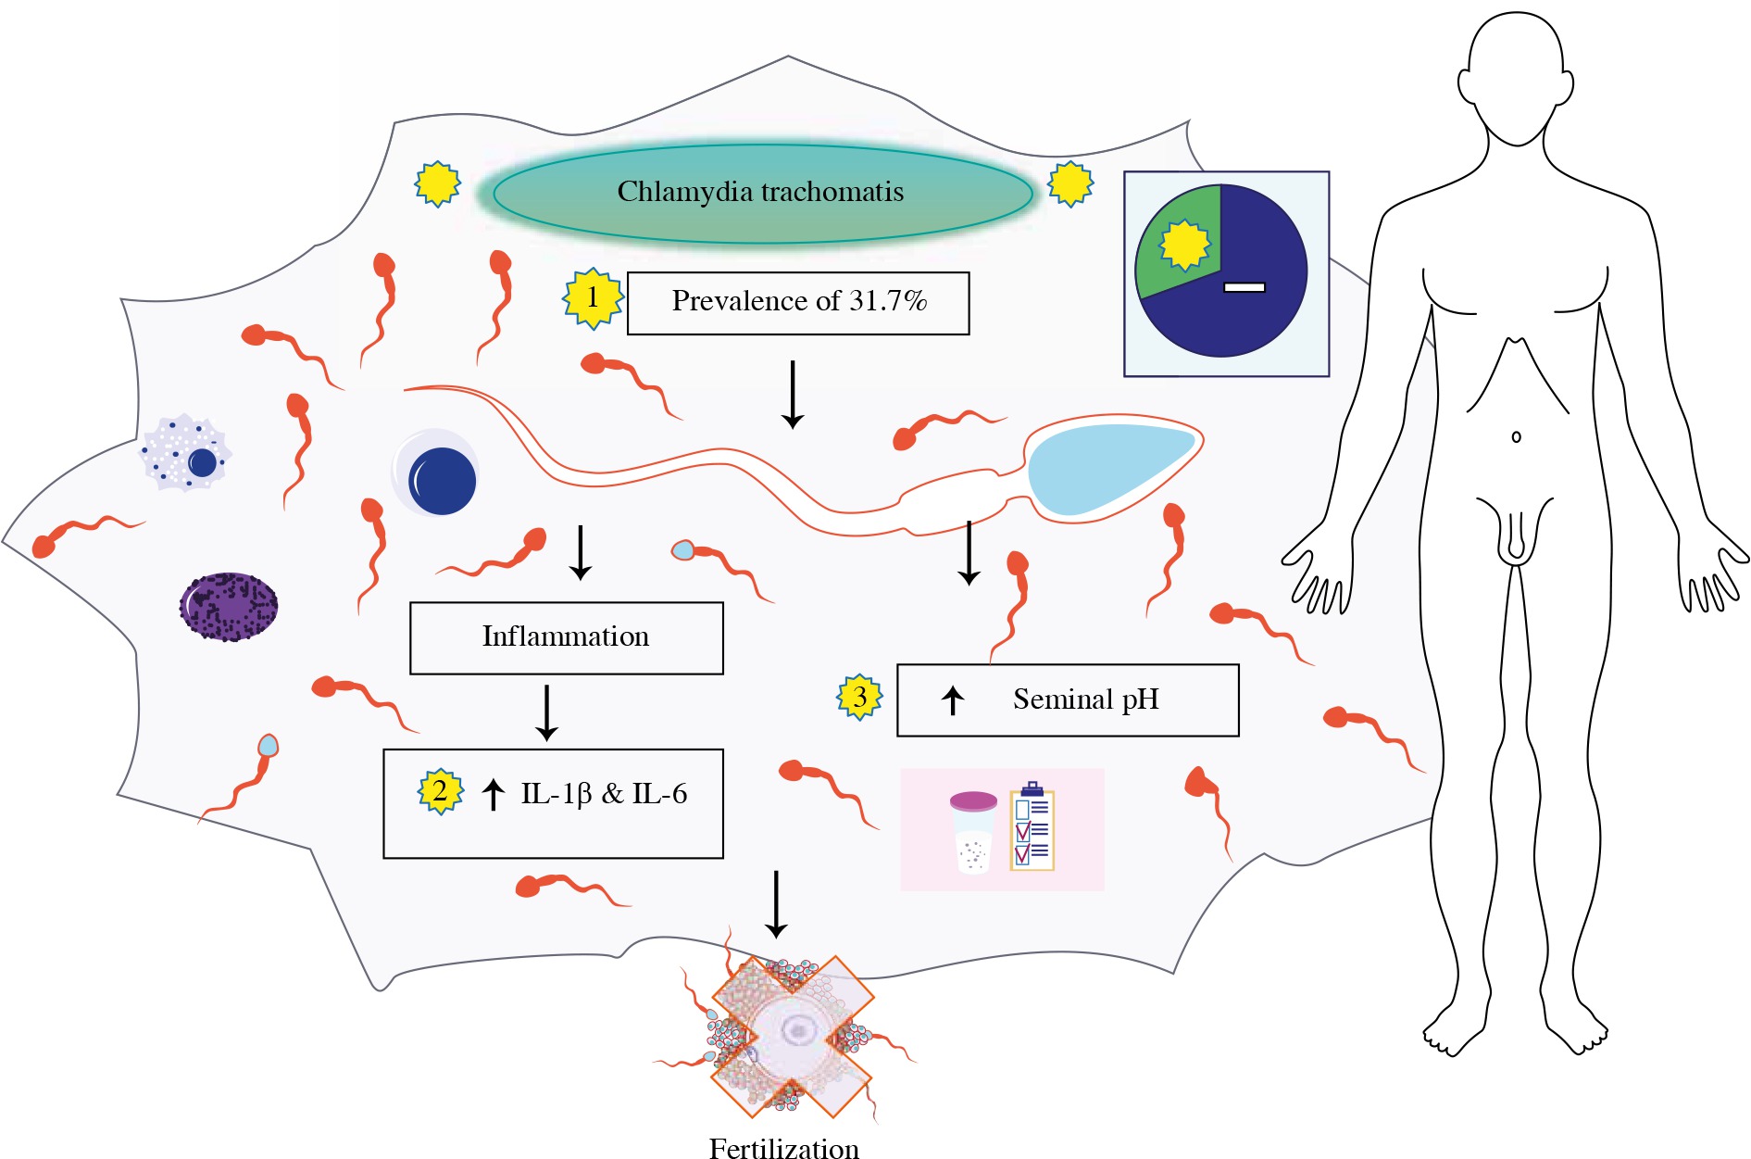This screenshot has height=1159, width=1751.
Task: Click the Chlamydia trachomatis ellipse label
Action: click(x=761, y=193)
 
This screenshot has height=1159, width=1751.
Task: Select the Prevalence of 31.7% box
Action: click(x=798, y=302)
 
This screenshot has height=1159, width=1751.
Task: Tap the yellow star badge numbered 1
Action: click(x=593, y=298)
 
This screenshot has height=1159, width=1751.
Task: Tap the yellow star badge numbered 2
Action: click(x=440, y=791)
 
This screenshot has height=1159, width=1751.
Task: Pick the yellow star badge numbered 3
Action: click(x=860, y=697)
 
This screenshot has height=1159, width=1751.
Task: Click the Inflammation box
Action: click(x=566, y=637)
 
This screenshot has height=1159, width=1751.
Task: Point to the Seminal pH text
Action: click(x=1085, y=699)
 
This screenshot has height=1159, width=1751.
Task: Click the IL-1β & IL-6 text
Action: click(x=604, y=794)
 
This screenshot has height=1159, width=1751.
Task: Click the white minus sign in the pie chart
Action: click(x=1244, y=287)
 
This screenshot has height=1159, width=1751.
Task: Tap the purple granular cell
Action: click(x=229, y=607)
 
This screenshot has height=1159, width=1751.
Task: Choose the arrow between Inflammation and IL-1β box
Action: click(x=546, y=712)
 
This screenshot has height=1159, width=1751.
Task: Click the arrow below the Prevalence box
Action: click(x=792, y=395)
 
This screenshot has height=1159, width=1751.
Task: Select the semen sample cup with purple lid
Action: click(x=973, y=830)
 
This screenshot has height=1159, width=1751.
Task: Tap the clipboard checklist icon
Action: click(x=1032, y=828)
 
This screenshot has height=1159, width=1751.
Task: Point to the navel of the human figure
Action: click(x=1516, y=436)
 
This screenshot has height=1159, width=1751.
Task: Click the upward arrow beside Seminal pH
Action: click(x=953, y=700)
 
